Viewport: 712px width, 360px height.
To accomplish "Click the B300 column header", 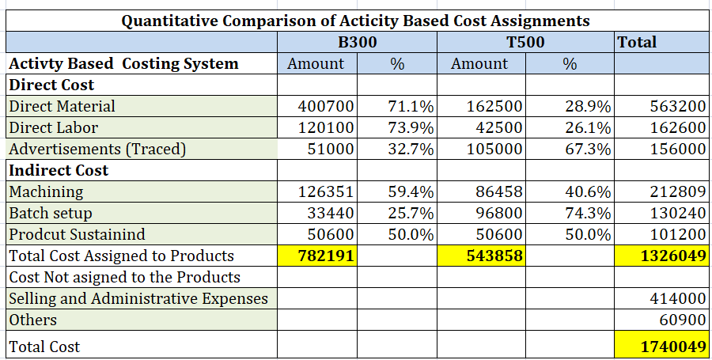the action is [357, 42].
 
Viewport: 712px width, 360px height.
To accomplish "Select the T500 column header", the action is [525, 42].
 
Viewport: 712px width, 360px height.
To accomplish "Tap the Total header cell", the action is [662, 42].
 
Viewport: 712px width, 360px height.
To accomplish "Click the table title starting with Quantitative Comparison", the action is [355, 21].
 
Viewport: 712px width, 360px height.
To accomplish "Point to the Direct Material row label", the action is [62, 106].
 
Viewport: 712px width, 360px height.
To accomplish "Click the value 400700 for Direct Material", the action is [326, 106].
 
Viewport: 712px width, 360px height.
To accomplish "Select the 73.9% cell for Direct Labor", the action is [411, 127].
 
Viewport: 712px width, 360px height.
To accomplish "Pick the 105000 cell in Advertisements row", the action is [494, 149].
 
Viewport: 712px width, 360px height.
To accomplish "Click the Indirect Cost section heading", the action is [59, 170].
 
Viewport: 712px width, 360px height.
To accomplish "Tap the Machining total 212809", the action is [677, 191].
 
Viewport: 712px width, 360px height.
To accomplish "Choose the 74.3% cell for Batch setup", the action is [588, 213].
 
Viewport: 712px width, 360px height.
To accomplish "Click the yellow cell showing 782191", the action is [316, 256].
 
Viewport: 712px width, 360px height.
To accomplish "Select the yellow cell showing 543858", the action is [481, 256].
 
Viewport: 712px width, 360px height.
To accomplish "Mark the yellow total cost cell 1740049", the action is [661, 347].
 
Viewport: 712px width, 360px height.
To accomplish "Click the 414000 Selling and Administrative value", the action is [677, 298].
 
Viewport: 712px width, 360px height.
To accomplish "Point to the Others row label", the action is [32, 320].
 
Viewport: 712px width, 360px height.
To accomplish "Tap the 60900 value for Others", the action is [683, 320].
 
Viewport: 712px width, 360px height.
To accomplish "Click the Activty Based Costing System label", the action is [123, 63].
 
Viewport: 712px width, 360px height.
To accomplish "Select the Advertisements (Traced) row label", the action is [97, 150].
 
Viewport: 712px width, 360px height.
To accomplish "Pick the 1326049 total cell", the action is [661, 256].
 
